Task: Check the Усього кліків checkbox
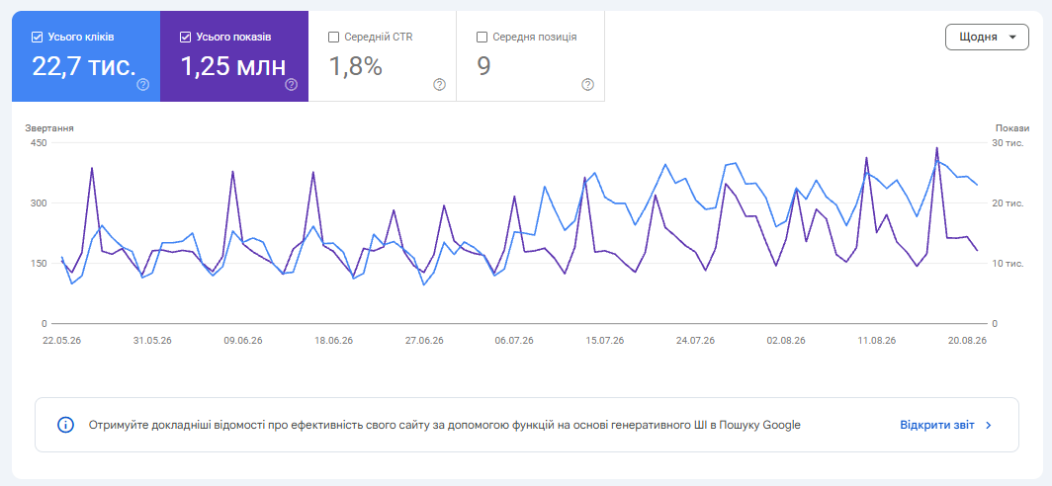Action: click(x=37, y=38)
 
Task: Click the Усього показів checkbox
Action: click(x=186, y=38)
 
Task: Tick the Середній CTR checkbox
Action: click(x=333, y=38)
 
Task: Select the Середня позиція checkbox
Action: click(x=482, y=38)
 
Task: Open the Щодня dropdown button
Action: click(x=987, y=37)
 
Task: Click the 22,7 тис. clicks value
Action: click(x=84, y=66)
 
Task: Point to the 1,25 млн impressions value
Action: click(x=233, y=66)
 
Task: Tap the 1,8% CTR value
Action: click(x=356, y=66)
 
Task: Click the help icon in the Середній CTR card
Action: click(x=439, y=85)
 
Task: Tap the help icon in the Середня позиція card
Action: click(x=587, y=85)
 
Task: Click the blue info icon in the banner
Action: click(x=65, y=425)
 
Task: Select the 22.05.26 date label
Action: click(x=61, y=341)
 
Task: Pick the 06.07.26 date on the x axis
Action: click(x=514, y=341)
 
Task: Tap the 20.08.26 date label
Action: click(x=967, y=341)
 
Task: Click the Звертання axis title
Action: click(x=49, y=128)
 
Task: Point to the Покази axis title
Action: click(x=1011, y=128)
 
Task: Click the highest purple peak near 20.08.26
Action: click(x=936, y=147)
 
